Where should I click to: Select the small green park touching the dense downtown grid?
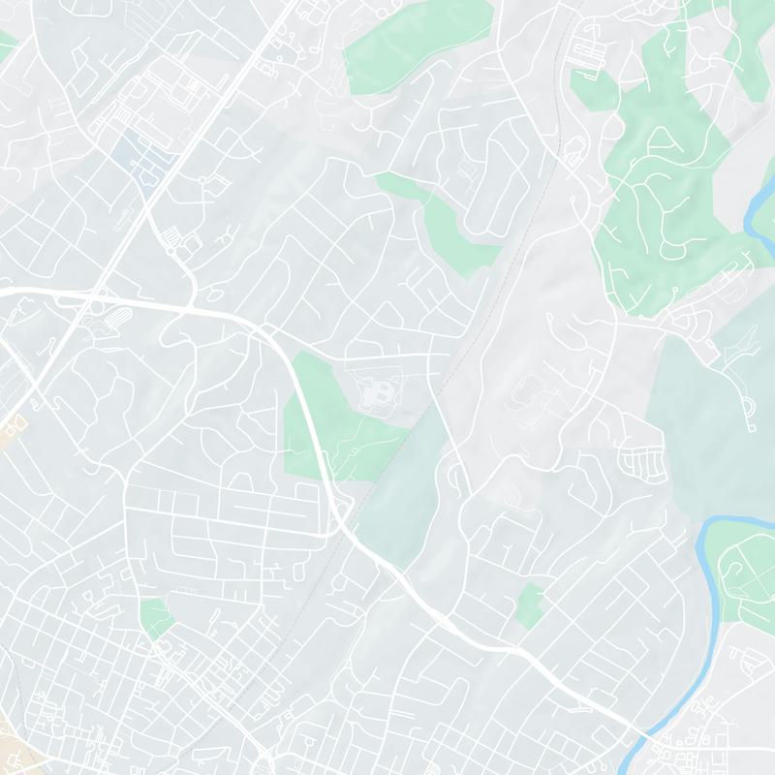point(154,617)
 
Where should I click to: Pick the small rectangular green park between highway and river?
point(529,603)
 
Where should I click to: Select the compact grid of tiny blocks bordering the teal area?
point(642,460)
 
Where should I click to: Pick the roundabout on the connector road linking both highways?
point(171,250)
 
